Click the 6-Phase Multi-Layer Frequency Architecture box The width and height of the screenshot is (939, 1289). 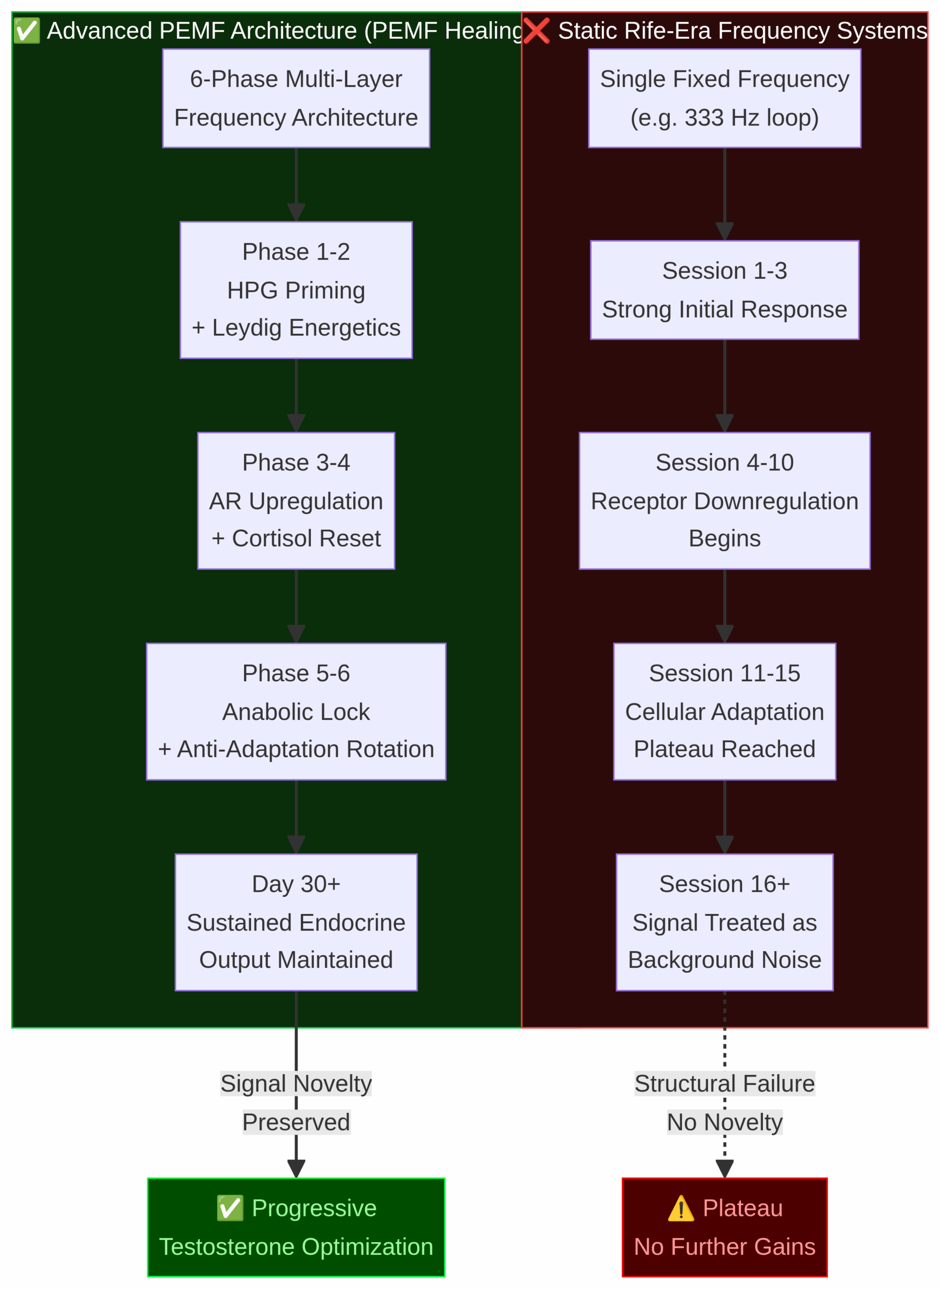click(x=295, y=98)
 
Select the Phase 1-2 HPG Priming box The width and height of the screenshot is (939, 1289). click(x=295, y=290)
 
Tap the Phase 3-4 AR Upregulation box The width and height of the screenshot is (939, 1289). click(x=295, y=500)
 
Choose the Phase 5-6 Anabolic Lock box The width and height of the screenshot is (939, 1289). click(x=295, y=711)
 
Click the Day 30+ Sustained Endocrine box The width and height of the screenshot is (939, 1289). click(x=295, y=922)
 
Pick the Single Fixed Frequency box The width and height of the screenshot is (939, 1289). click(x=724, y=98)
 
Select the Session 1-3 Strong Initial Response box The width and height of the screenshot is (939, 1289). click(x=724, y=290)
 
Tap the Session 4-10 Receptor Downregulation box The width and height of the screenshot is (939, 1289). click(x=724, y=500)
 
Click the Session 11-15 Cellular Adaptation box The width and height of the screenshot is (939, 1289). click(x=724, y=711)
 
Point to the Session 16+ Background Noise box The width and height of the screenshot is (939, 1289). click(x=724, y=922)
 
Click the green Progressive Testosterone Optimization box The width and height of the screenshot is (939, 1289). click(x=295, y=1227)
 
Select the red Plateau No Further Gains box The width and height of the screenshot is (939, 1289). click(x=724, y=1227)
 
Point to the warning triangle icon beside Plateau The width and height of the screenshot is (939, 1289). click(x=680, y=1208)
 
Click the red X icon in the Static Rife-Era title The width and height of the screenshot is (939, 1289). click(x=536, y=31)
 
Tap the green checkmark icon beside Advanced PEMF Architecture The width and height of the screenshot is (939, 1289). click(x=26, y=31)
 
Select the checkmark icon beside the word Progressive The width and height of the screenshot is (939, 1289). click(x=229, y=1208)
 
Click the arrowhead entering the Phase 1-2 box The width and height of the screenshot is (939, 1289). click(x=295, y=212)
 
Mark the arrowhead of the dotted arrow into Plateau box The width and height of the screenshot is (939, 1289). click(x=724, y=1169)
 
